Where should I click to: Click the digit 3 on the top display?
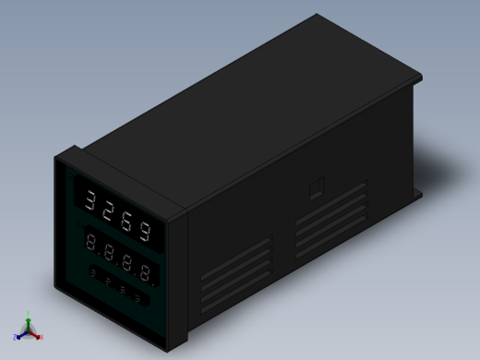(90, 198)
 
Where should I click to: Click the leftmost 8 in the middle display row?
(91, 242)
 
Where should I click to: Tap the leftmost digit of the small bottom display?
(93, 273)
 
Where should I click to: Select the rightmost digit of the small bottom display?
(138, 298)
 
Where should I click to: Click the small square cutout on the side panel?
(316, 189)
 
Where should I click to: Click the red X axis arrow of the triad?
(41, 337)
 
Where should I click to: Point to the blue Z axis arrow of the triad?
(18, 337)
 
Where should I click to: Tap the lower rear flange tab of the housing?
(417, 194)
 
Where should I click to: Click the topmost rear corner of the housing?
(316, 16)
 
